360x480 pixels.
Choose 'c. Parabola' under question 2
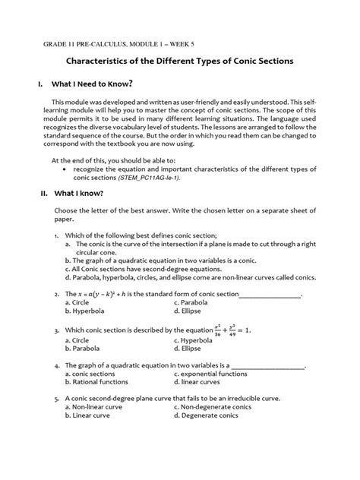[194, 302]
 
